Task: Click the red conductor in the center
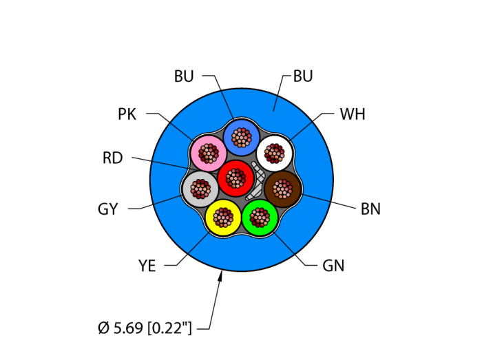pos(236,178)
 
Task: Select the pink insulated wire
pos(208,153)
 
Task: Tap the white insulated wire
pos(275,153)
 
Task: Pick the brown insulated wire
pos(283,187)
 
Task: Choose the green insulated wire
pos(260,218)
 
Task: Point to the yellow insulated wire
pos(223,218)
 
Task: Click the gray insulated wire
pos(200,188)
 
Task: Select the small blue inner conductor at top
pos(241,137)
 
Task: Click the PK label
pos(127,114)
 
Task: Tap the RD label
pos(112,158)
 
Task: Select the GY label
pos(107,209)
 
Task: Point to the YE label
pos(147,266)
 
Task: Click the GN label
pos(333,266)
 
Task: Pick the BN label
pos(370,209)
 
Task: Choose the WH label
pos(352,114)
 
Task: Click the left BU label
pos(184,76)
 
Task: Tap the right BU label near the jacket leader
pos(303,76)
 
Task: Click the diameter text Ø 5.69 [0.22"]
pos(145,328)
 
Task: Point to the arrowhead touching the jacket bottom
pos(221,275)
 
